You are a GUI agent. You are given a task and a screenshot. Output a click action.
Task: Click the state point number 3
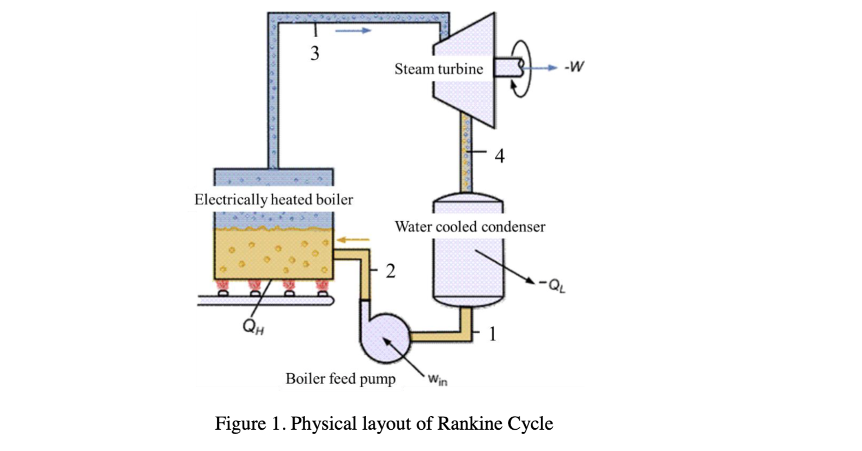(x=314, y=53)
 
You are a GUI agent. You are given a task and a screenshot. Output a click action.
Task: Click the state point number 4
(x=500, y=156)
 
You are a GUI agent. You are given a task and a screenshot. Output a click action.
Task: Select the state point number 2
(x=390, y=271)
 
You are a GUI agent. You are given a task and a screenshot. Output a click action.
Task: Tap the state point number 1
(x=493, y=333)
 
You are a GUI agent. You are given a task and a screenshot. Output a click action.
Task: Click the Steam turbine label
(x=439, y=69)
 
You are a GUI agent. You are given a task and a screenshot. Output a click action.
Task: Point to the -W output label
(x=574, y=67)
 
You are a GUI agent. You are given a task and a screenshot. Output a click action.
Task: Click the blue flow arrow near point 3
(x=353, y=31)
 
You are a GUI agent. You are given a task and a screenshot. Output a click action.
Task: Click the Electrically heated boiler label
(x=274, y=199)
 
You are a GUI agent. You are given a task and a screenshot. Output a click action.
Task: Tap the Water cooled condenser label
(x=470, y=227)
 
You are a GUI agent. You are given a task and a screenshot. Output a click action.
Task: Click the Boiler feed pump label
(x=341, y=379)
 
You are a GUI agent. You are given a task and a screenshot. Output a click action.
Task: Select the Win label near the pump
(x=437, y=380)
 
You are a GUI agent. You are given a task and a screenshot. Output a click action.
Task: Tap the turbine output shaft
(x=507, y=68)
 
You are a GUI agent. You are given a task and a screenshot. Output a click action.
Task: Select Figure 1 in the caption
(x=248, y=424)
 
